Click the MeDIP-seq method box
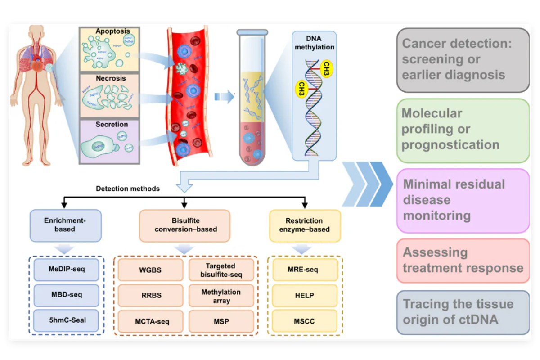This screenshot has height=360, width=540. click(x=66, y=270)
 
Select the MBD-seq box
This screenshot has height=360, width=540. click(x=66, y=295)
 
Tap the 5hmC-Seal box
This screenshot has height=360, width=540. click(x=66, y=320)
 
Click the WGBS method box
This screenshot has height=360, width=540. click(x=150, y=270)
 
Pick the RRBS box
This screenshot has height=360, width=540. click(x=150, y=296)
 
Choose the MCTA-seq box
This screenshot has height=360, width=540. click(x=150, y=321)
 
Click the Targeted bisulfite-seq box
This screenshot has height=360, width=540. click(x=221, y=270)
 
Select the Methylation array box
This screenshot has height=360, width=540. click(x=221, y=296)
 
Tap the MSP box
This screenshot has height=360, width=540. click(x=221, y=321)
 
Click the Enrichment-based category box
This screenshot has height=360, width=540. click(x=66, y=225)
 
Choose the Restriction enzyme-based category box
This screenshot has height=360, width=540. click(x=304, y=225)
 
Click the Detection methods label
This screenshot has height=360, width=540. click(x=128, y=189)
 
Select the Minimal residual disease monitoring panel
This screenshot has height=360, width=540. click(x=463, y=200)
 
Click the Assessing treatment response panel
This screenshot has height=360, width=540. click(x=463, y=261)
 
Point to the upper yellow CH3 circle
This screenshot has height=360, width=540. click(x=327, y=67)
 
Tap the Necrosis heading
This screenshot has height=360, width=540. click(x=111, y=78)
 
